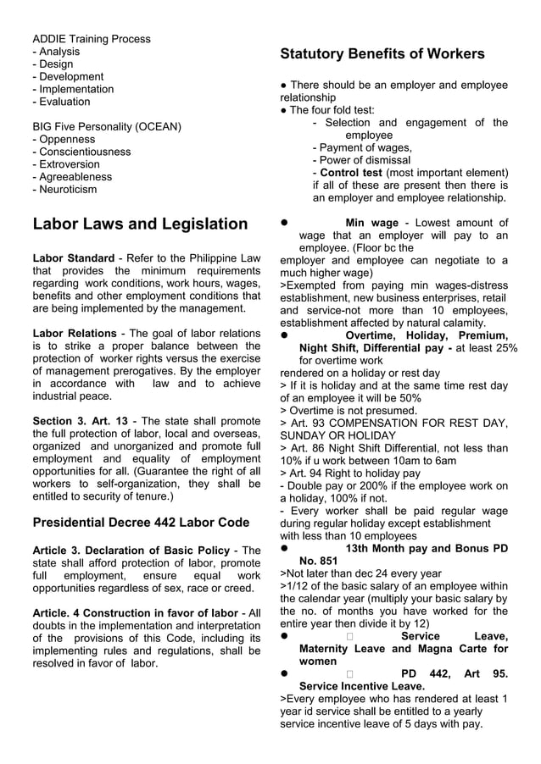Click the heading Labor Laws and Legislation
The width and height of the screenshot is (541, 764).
pos(140,224)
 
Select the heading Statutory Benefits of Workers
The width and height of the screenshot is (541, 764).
pos(382,54)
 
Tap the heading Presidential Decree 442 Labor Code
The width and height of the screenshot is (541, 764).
pos(141,522)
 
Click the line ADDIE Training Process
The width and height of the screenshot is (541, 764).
pos(92,39)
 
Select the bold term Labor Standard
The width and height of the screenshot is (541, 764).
pos(73,258)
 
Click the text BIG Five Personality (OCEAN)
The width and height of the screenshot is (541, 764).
pos(107,127)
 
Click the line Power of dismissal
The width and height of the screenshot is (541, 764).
pos(365,160)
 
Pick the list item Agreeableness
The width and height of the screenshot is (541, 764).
pos(75,177)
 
